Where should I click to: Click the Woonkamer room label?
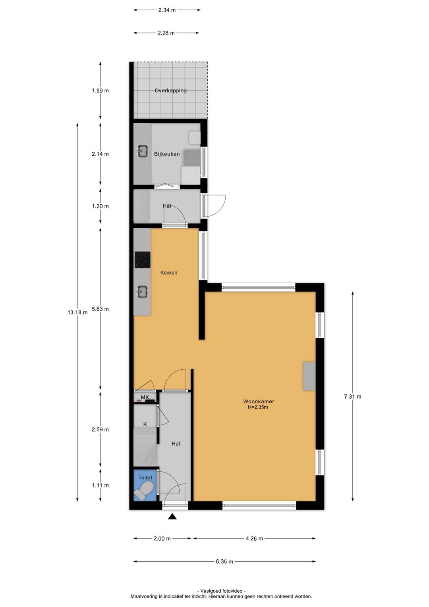pyautogui.click(x=258, y=401)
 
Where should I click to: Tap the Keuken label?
pyautogui.click(x=169, y=273)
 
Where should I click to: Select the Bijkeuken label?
pyautogui.click(x=167, y=154)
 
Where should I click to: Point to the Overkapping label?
pyautogui.click(x=171, y=91)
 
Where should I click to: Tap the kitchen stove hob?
pyautogui.click(x=143, y=260)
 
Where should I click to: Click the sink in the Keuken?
pyautogui.click(x=141, y=292)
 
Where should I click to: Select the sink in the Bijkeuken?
pyautogui.click(x=142, y=151)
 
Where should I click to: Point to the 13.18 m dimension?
pyautogui.click(x=77, y=312)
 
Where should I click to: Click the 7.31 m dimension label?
pyautogui.click(x=353, y=397)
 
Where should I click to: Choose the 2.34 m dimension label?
pyautogui.click(x=167, y=10)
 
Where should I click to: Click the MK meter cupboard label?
pyautogui.click(x=145, y=397)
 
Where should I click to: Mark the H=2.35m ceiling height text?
pyautogui.click(x=258, y=407)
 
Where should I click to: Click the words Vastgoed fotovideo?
pyautogui.click(x=222, y=589)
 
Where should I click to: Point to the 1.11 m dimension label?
pyautogui.click(x=100, y=485)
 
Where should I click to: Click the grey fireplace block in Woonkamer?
pyautogui.click(x=309, y=376)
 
